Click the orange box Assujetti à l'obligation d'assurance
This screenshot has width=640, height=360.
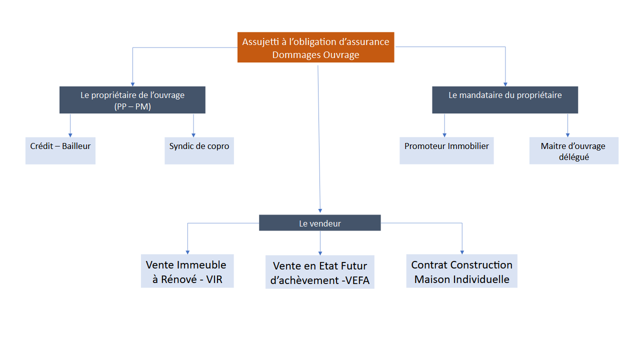[315, 47]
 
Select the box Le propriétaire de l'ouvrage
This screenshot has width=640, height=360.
[132, 100]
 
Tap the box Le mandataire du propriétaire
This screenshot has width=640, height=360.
[505, 99]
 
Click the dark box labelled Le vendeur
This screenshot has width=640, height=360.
[319, 223]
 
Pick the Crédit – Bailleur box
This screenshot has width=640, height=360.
[60, 150]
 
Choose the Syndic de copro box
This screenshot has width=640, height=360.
[199, 150]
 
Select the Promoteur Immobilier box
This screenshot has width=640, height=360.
[446, 150]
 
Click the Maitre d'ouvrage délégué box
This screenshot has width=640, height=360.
[573, 151]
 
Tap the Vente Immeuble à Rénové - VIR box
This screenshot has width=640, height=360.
[187, 271]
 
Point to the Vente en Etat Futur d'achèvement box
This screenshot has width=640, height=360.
[319, 273]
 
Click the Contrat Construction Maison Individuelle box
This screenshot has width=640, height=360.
[461, 271]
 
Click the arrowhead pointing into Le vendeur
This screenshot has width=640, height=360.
[320, 210]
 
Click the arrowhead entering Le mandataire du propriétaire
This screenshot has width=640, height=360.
[505, 83]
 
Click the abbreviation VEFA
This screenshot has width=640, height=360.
[355, 280]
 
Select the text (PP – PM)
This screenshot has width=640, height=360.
[132, 106]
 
